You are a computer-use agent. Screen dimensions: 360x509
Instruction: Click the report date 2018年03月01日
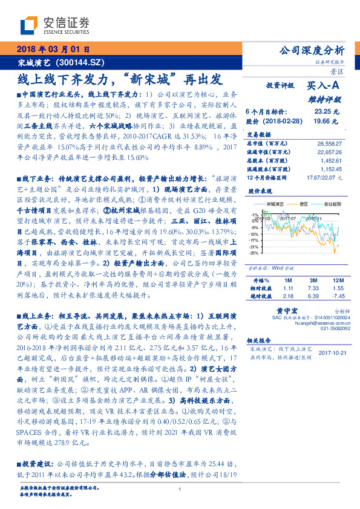click(x=53, y=50)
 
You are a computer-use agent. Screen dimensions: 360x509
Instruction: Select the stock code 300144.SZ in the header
click(x=85, y=62)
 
